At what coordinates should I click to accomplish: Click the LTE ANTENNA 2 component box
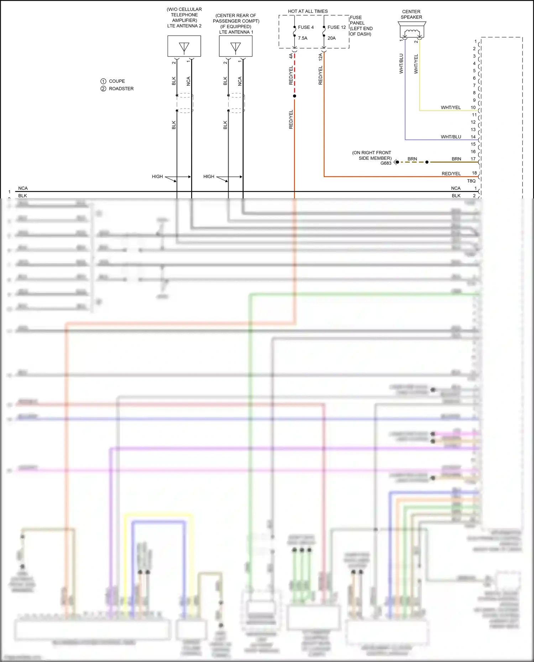click(x=184, y=46)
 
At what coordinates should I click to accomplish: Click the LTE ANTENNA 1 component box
click(x=235, y=46)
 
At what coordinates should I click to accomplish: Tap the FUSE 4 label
click(x=305, y=27)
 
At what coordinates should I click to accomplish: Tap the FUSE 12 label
click(x=336, y=27)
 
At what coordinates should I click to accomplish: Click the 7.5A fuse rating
click(x=303, y=38)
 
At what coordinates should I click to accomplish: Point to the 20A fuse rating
click(x=331, y=38)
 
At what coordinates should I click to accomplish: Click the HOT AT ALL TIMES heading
click(x=308, y=11)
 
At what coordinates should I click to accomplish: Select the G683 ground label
click(x=386, y=163)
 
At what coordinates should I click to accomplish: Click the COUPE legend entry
click(x=116, y=81)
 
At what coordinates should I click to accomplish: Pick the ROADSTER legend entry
click(x=121, y=89)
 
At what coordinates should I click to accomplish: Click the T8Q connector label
click(x=471, y=181)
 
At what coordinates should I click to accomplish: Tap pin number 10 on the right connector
click(x=473, y=107)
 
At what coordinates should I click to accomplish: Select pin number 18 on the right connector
click(x=474, y=173)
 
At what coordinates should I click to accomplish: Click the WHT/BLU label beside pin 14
click(x=451, y=137)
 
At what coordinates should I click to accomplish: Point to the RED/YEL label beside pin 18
click(x=451, y=174)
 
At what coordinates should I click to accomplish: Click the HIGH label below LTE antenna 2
click(x=157, y=176)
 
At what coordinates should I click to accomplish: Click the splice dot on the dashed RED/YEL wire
click(x=294, y=96)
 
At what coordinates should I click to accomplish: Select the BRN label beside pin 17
click(x=456, y=159)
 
